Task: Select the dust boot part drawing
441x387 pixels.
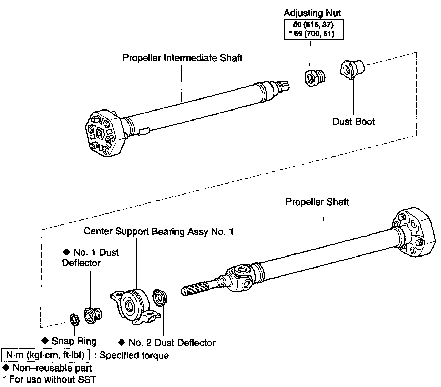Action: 352,69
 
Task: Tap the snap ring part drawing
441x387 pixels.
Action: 74,319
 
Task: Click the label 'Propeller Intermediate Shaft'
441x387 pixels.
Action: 182,58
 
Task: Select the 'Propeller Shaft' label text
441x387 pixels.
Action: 317,202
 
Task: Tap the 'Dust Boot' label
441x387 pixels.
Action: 353,122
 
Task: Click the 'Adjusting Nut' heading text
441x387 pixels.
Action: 312,13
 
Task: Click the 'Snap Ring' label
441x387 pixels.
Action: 74,341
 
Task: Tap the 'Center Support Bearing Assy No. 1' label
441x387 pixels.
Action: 158,231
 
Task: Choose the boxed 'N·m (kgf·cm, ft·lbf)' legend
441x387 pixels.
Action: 45,355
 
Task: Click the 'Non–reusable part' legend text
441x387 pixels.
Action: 52,368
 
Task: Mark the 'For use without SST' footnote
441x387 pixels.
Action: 52,379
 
